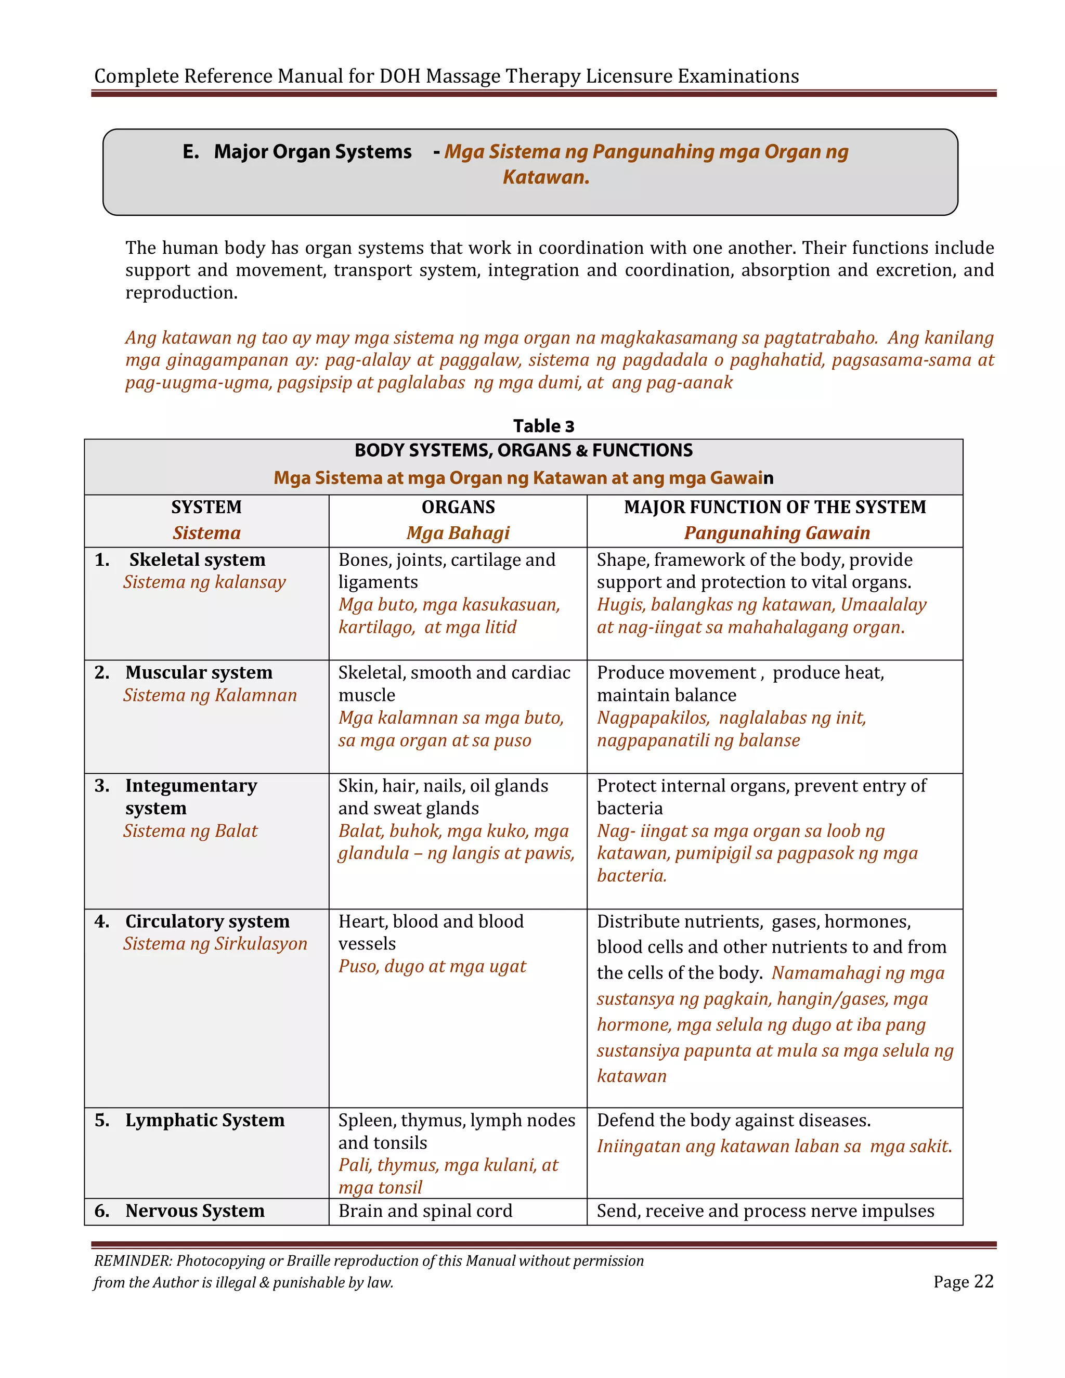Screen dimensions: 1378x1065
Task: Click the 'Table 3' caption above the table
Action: [x=543, y=426]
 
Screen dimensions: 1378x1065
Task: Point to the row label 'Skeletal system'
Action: [x=197, y=560]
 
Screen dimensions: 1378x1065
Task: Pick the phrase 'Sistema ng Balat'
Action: [x=190, y=831]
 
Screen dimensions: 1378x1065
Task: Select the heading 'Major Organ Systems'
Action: [x=313, y=152]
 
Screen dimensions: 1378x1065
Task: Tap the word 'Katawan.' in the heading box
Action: [x=546, y=177]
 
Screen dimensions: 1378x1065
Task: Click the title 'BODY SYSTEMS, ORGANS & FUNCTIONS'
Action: [x=523, y=450]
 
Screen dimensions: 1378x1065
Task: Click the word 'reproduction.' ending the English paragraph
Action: [x=181, y=293]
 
